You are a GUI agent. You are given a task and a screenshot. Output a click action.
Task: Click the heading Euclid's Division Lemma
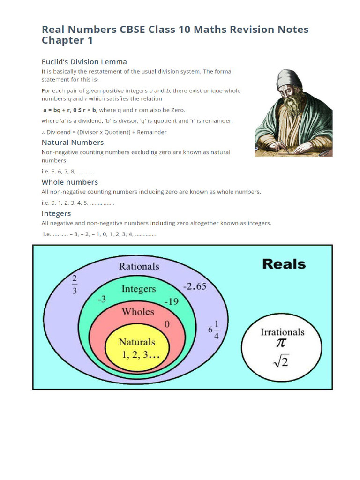[x=84, y=62]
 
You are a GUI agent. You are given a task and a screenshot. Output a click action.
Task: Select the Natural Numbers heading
[x=73, y=142]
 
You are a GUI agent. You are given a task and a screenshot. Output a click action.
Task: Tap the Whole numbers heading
[x=70, y=182]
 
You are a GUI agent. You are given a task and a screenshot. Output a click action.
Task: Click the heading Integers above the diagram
[x=56, y=214]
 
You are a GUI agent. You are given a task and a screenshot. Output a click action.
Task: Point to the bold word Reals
[x=284, y=264]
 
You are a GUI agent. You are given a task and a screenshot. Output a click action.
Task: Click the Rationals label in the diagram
[x=139, y=266]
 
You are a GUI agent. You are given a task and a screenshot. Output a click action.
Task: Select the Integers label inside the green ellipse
[x=139, y=289]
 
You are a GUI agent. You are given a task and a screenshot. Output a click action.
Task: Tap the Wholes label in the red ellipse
[x=138, y=311]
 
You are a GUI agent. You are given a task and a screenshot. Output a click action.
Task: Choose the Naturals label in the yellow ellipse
[x=137, y=342]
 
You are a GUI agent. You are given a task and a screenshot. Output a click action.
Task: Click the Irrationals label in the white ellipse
[x=282, y=332]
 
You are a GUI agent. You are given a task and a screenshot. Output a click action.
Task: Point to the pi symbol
[x=280, y=344]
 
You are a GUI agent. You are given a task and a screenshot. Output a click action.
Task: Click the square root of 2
[x=281, y=362]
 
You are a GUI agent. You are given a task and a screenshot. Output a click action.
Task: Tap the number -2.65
[x=195, y=286]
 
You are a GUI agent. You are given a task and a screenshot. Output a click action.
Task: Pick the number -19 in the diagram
[x=172, y=301]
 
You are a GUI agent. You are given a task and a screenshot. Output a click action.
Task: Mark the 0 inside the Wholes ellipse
[x=166, y=324]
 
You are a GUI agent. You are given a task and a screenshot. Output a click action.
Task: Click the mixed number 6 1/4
[x=214, y=330]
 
